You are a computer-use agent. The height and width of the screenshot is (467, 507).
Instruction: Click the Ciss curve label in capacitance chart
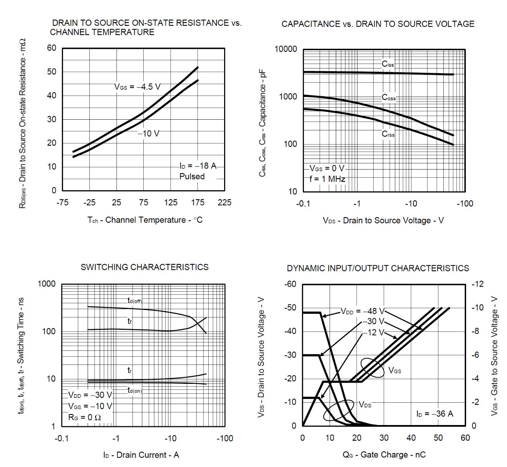pos(388,64)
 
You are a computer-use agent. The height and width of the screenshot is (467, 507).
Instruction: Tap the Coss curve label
pos(389,98)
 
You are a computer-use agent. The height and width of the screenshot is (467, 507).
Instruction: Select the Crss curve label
pos(388,134)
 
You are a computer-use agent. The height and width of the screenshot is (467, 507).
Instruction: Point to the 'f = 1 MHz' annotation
pos(327,179)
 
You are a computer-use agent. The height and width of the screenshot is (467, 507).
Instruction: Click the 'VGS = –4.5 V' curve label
pos(137,87)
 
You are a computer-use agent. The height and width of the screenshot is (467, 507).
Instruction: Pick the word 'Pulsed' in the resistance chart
pos(192,176)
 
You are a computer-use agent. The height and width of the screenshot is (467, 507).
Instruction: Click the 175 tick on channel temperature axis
pos(197,203)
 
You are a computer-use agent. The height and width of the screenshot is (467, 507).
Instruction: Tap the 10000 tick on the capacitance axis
pos(286,49)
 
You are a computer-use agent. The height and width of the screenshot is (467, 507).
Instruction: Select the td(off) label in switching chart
pos(134,301)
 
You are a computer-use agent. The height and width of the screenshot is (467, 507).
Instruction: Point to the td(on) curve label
pos(134,390)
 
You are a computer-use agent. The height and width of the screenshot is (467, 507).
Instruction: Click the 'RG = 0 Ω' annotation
pos(85,417)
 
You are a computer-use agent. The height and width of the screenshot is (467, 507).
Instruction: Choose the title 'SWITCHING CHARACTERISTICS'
pos(144,267)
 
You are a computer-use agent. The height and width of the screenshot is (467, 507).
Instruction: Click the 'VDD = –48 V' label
pos(363,311)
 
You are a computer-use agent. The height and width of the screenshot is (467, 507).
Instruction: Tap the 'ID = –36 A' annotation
pos(434,414)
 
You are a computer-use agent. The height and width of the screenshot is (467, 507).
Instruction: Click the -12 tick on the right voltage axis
pos(477,284)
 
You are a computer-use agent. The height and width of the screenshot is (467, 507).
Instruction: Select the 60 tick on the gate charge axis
pos(465,438)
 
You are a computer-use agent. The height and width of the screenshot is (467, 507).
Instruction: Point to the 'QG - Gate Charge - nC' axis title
pos(384,455)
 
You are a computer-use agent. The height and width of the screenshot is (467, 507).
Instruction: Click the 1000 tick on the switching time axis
pos(46,284)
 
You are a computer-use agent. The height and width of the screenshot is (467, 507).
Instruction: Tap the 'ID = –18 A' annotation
pos(198,166)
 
